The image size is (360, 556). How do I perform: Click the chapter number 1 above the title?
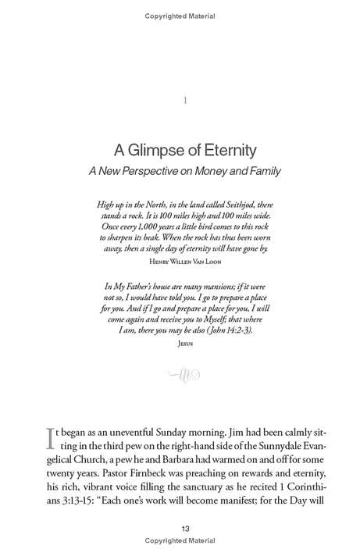point(184,101)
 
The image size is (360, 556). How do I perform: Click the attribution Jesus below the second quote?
point(184,343)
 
